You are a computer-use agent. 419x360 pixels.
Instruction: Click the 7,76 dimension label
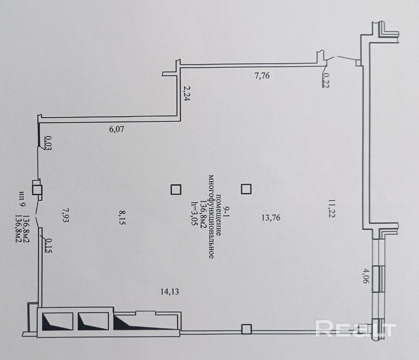tap(262, 76)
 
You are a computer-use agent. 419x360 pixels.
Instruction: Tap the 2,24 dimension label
tap(186, 93)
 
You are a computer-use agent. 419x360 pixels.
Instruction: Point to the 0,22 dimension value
tap(326, 80)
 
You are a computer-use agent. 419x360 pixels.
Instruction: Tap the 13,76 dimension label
tap(271, 218)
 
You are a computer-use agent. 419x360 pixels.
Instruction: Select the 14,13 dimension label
tap(170, 291)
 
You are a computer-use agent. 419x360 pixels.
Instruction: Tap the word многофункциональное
tap(211, 216)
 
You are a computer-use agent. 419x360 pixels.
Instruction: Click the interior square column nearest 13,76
tap(247, 189)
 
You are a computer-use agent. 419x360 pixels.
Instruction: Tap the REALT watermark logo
tap(355, 328)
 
